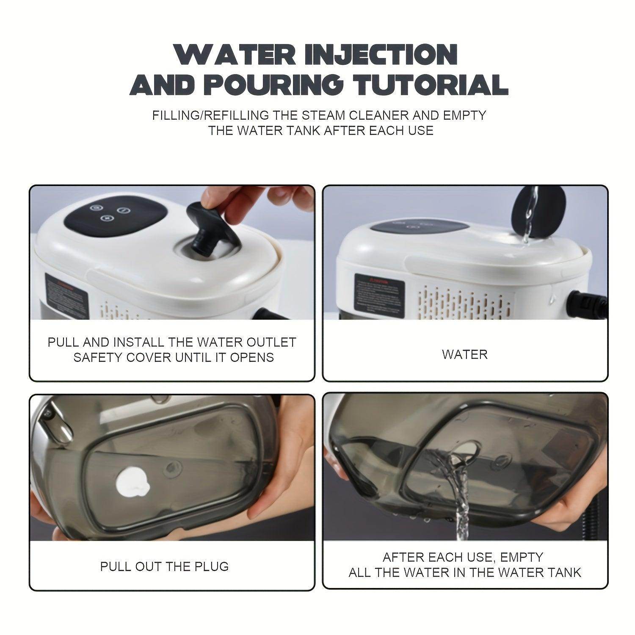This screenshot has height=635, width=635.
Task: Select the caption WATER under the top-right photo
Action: coord(465,354)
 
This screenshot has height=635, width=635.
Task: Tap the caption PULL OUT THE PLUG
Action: coord(164,566)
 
